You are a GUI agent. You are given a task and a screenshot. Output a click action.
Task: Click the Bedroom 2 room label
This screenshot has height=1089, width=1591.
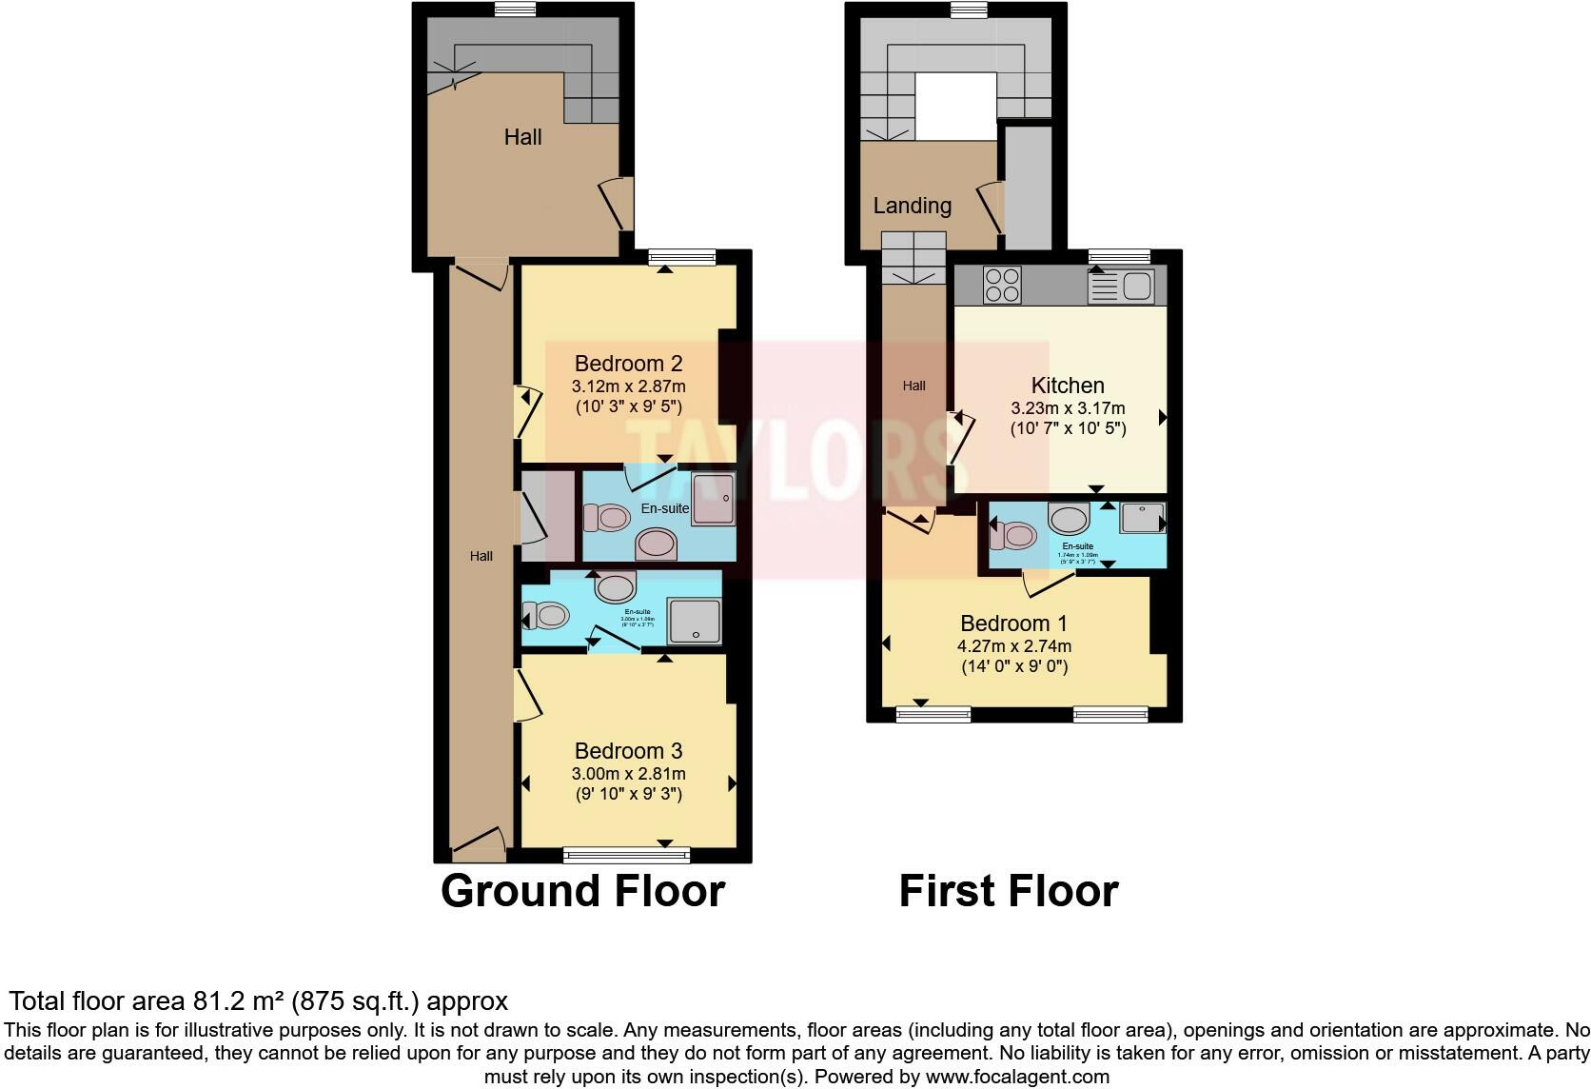(628, 364)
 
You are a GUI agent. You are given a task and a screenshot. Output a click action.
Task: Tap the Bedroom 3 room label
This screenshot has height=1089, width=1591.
(628, 751)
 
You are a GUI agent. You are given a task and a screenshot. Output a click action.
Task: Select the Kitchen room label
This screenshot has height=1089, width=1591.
(1068, 386)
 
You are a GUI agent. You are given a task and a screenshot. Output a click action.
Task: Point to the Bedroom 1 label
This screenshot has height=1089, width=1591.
(1013, 624)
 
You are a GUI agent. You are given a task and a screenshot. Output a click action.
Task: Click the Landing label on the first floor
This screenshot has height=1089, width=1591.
(912, 206)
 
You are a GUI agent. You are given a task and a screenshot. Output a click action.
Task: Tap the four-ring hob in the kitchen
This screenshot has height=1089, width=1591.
(1001, 285)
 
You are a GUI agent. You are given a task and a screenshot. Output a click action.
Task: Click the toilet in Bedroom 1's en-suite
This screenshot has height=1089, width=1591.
(1010, 535)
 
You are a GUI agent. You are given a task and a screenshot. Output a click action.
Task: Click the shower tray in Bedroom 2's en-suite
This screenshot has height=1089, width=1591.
(713, 498)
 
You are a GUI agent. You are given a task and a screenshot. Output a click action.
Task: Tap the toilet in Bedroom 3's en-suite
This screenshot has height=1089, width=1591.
(547, 616)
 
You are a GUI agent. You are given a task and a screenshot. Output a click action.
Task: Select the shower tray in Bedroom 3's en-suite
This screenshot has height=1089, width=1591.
(695, 622)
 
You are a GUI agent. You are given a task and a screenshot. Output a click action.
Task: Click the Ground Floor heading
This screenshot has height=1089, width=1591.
(582, 891)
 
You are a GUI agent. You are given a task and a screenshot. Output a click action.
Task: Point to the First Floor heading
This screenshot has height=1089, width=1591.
(1008, 891)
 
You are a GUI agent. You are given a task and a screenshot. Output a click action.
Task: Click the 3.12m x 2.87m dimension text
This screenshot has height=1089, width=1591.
(628, 386)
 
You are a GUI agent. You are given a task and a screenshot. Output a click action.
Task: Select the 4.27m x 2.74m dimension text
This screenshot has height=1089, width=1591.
(1013, 646)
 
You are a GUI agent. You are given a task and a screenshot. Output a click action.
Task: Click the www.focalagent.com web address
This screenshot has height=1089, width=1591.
(1017, 1077)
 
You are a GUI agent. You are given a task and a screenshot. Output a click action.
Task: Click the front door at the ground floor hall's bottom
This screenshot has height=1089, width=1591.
(480, 843)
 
